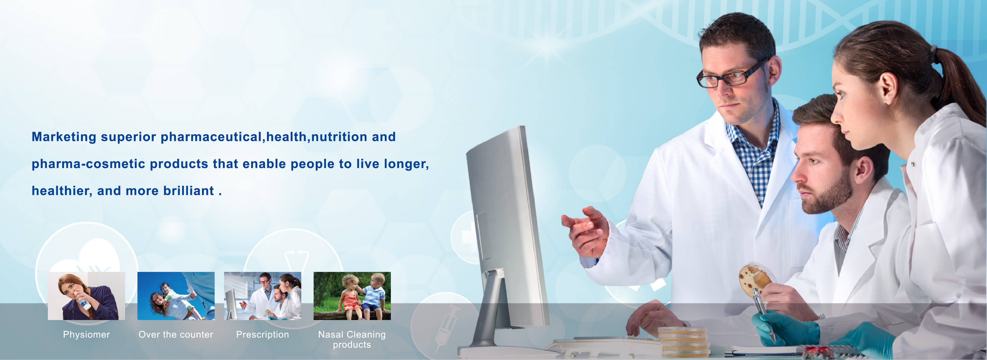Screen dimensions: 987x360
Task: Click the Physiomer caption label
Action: point(86,334)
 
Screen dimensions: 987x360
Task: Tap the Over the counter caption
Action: point(176,334)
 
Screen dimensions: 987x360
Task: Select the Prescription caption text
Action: point(263,334)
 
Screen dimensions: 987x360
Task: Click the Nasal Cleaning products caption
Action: point(352,339)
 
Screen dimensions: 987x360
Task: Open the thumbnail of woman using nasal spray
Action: point(86,296)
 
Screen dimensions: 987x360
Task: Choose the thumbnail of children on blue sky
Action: point(176,296)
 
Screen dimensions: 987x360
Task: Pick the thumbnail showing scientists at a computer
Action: point(263,296)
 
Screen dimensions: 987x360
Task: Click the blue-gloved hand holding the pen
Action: point(783,327)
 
